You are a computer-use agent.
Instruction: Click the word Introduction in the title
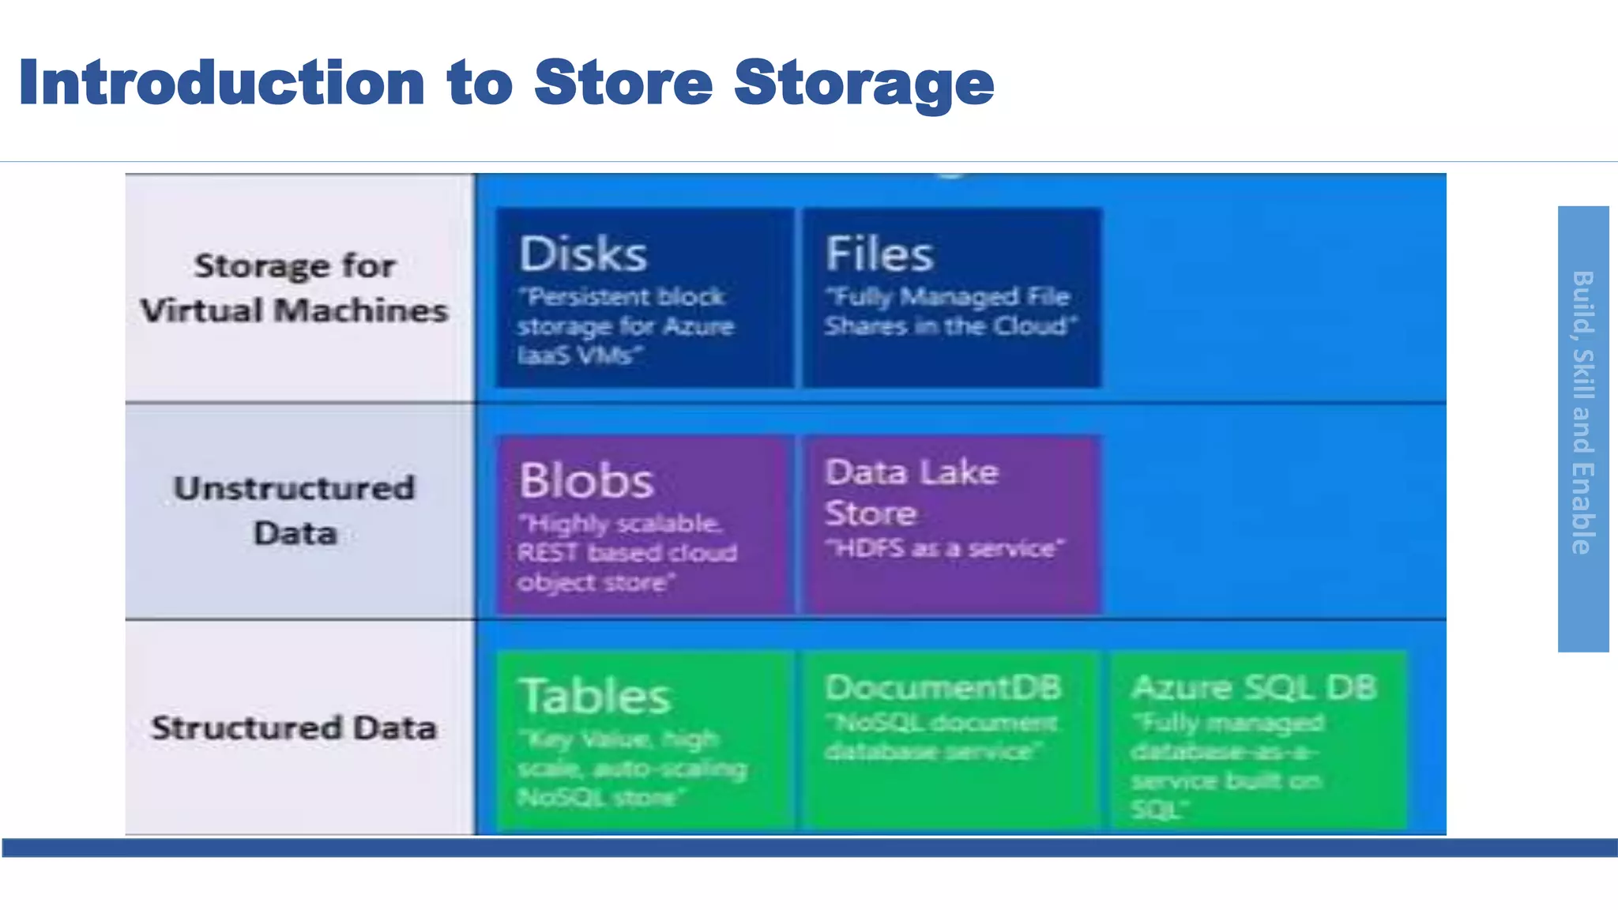pos(221,82)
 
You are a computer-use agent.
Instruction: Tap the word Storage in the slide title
pos(864,82)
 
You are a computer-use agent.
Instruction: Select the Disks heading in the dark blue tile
pos(583,254)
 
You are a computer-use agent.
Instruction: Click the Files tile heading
pos(879,254)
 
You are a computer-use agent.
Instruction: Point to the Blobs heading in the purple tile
pos(586,480)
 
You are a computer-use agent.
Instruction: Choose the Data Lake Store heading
pos(910,492)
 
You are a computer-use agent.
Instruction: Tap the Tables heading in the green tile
pos(594,697)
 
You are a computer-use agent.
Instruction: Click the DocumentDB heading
pos(943,688)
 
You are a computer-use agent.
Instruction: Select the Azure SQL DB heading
pos(1254,688)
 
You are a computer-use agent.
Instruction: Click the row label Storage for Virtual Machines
pos(295,288)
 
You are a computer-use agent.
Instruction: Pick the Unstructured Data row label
pos(295,510)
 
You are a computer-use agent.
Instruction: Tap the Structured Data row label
pos(294,728)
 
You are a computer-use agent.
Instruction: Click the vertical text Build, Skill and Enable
pos(1582,412)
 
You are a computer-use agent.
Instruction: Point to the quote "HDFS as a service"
pos(944,548)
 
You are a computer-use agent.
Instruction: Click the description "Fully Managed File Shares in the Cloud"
pos(949,311)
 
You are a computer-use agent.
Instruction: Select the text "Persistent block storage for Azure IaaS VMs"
pos(624,326)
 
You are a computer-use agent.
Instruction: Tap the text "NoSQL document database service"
pos(940,737)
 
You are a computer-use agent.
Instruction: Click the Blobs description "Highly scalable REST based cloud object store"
pos(626,553)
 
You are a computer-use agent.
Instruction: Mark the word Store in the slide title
pos(623,82)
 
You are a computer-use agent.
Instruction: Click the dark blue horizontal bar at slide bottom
pos(809,848)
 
